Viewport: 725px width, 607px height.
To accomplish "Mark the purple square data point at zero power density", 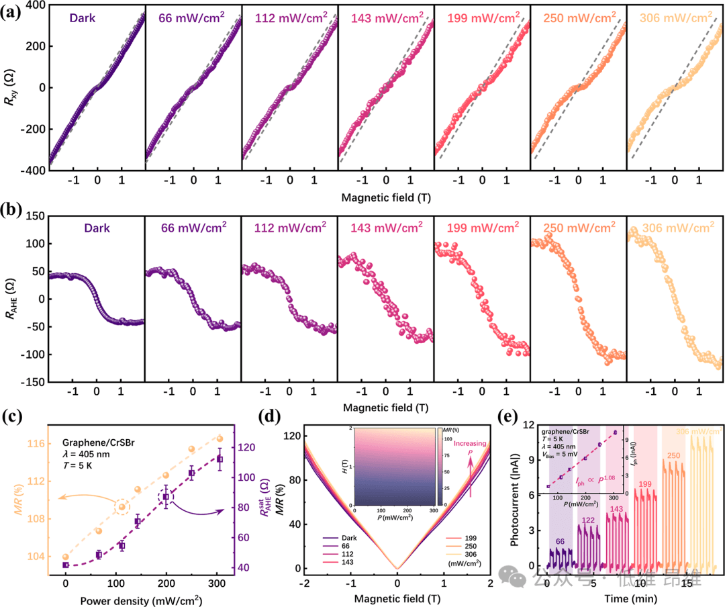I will (66, 565).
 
